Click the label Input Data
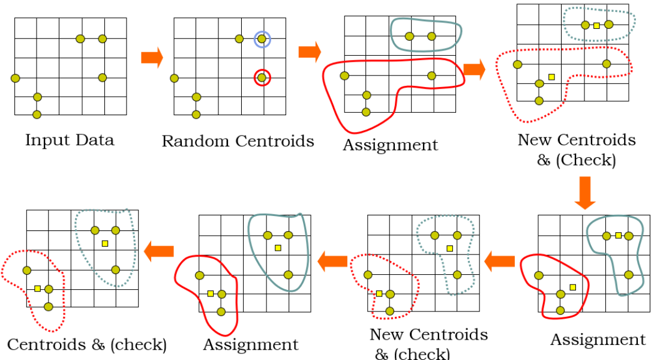(70, 140)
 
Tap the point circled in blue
(262, 39)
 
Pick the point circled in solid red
(262, 77)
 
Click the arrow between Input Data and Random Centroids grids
(152, 58)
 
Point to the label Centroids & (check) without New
(87, 344)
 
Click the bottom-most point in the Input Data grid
(37, 114)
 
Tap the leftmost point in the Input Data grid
(15, 77)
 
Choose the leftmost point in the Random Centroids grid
(174, 78)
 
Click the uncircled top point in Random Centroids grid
(239, 39)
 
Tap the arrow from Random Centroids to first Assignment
(310, 52)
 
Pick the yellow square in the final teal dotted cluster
(105, 243)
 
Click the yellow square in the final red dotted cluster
(37, 289)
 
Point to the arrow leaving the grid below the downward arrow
(499, 260)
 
